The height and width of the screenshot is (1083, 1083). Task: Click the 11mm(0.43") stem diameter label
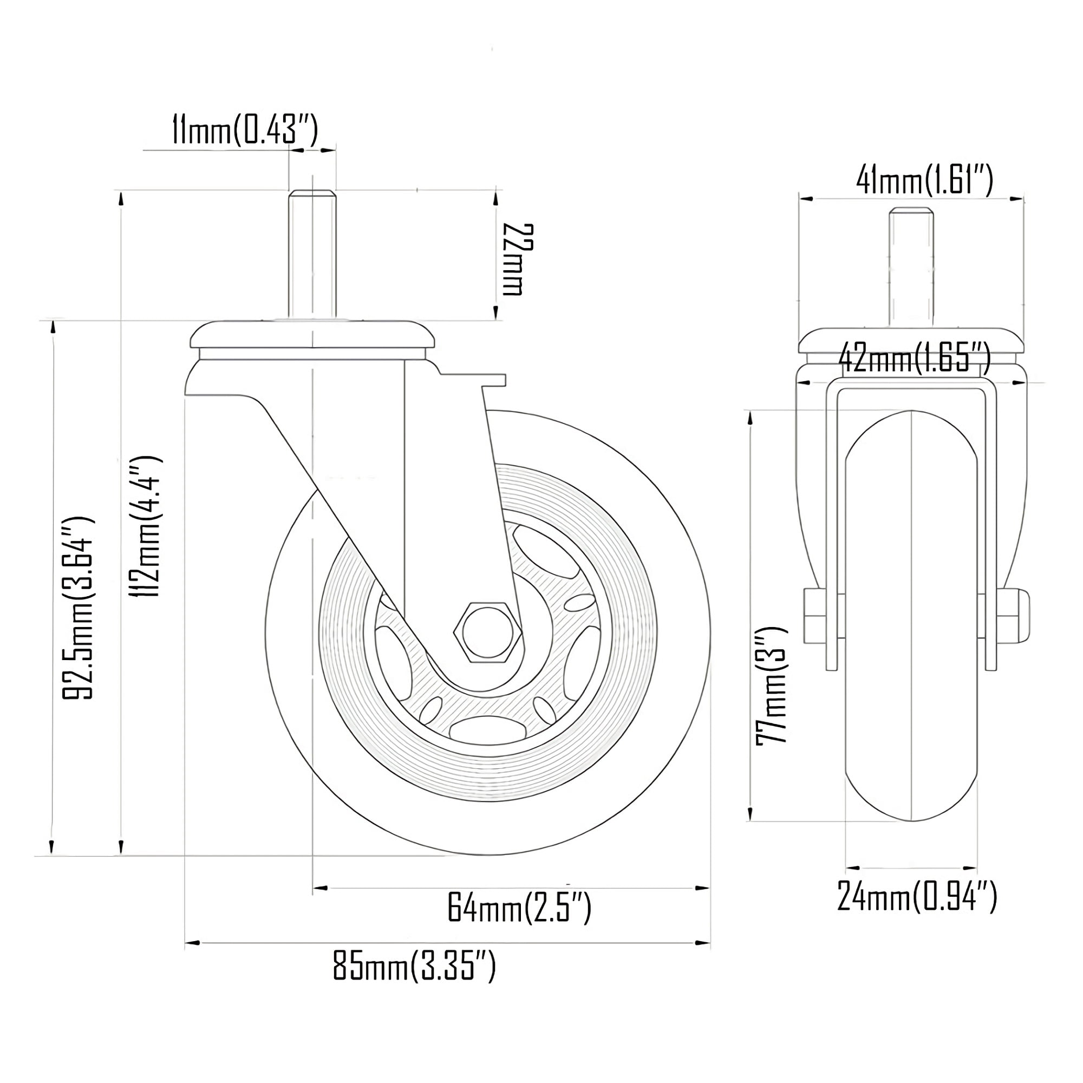(245, 130)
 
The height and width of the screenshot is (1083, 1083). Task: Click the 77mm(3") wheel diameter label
(772, 685)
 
